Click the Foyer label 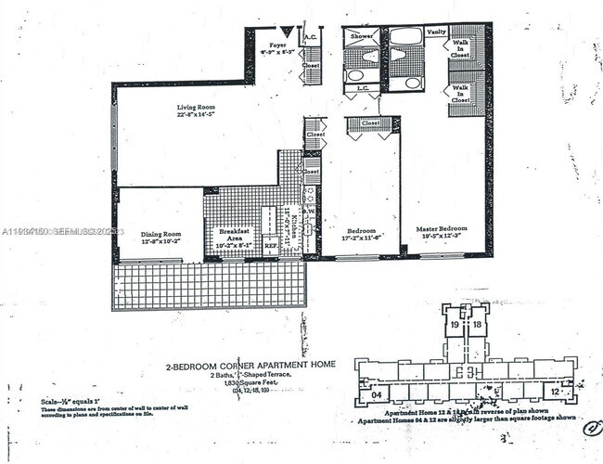click(x=277, y=45)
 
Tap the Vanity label click(x=436, y=32)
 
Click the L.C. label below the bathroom click(x=363, y=88)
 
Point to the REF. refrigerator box click(x=271, y=248)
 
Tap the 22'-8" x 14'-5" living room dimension click(x=196, y=116)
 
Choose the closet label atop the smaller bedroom click(x=370, y=122)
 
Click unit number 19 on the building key click(x=455, y=325)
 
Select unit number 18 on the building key click(x=477, y=325)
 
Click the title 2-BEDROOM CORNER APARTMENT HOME click(x=250, y=366)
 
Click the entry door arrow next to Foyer click(x=288, y=32)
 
